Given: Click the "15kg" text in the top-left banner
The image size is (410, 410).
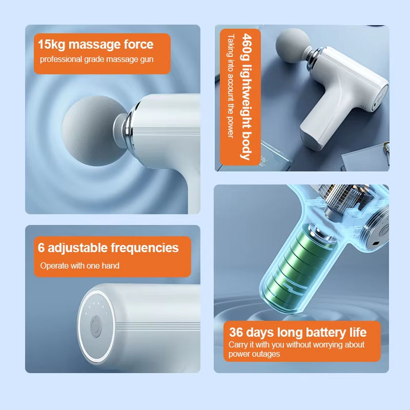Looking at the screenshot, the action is coord(51,44).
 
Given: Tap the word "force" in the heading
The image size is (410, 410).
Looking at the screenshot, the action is coord(138,44).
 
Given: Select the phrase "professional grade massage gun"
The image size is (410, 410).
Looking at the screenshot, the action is coord(96,59).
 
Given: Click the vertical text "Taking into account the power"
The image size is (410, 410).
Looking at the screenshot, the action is coord(230,86).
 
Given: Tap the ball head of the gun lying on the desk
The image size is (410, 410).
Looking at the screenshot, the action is coord(293,46).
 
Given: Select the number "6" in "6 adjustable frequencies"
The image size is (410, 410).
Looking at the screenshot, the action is coord(41,248).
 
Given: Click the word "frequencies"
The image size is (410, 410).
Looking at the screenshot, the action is coord(145,248).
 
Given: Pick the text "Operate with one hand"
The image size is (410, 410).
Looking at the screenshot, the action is coord(80,265).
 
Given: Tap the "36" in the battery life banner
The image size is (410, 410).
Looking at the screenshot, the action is coord(236,332).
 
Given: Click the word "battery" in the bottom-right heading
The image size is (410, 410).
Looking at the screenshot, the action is coord(326,333).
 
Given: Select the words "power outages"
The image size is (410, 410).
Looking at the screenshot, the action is coord(254,354).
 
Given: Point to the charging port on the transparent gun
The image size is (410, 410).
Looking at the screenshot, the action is coord(376,244).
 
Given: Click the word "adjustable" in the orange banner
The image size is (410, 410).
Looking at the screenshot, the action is coord(78,248).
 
